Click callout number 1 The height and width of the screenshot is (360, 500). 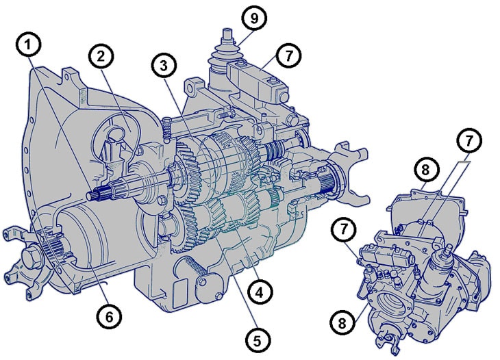click(28, 45)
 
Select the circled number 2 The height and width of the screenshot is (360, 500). click(101, 56)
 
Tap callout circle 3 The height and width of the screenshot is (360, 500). click(164, 66)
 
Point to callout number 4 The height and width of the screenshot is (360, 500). click(260, 292)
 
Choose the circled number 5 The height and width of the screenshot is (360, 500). click(258, 341)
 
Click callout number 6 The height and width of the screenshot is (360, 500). click(109, 316)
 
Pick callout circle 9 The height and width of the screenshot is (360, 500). click(254, 18)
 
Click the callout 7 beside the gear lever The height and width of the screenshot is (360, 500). click(288, 55)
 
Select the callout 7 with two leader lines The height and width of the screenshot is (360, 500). click(468, 140)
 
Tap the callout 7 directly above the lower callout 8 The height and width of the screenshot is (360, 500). click(343, 229)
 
